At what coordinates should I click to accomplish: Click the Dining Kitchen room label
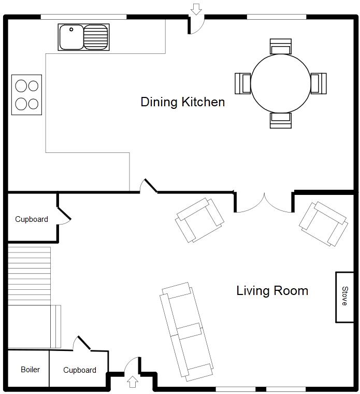[182, 102]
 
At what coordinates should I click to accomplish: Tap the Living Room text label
[272, 291]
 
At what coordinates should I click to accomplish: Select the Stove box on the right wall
[344, 297]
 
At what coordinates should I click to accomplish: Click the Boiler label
[30, 370]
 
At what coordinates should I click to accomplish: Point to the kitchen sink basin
[71, 37]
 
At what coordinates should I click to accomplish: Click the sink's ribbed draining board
[96, 37]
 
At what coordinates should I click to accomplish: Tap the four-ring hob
[27, 94]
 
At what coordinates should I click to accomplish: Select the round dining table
[280, 83]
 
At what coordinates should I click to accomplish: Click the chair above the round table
[280, 47]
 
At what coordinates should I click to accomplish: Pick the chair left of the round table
[243, 83]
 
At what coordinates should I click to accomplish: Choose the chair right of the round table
[319, 83]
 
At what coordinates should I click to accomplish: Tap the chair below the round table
[280, 120]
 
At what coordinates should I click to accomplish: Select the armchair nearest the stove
[323, 223]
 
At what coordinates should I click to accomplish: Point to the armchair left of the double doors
[200, 220]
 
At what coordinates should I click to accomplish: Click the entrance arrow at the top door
[196, 9]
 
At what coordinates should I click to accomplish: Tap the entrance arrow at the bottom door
[132, 382]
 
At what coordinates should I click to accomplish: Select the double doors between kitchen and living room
[265, 202]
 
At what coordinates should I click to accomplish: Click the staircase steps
[30, 275]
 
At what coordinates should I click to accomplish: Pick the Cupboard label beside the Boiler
[80, 370]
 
